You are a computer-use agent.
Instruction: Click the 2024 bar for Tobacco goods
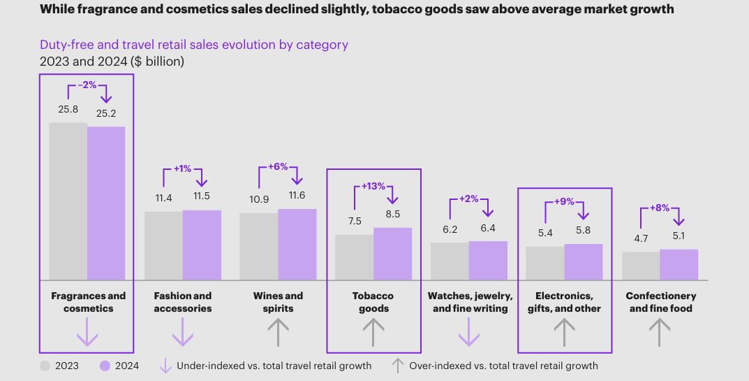[392, 254]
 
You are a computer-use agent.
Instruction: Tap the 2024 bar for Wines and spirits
[297, 245]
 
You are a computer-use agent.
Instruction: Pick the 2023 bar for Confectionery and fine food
[641, 266]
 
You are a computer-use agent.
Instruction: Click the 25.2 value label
[106, 113]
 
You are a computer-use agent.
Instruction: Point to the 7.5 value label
[355, 221]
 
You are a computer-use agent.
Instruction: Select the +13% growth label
[373, 187]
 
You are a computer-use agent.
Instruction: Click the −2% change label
[87, 85]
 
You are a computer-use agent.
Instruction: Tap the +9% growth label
[564, 201]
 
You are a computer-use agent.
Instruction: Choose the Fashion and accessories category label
[183, 302]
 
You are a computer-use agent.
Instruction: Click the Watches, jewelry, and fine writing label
[470, 302]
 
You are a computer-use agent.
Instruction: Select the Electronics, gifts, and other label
[564, 302]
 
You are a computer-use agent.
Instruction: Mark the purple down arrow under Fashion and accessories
[183, 332]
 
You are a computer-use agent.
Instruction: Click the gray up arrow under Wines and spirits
[278, 332]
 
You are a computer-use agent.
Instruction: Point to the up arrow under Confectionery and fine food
[660, 332]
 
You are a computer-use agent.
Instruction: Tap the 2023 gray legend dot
[45, 366]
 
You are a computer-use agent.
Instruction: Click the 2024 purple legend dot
[105, 366]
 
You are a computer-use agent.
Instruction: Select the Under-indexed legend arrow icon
[165, 366]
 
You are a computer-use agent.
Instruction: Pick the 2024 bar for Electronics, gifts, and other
[584, 262]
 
